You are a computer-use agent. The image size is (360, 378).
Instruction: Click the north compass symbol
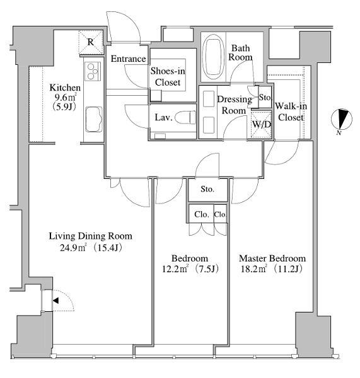[341, 119]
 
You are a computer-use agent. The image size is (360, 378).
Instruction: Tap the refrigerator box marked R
[90, 42]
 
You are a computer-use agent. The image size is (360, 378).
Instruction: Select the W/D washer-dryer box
[261, 125]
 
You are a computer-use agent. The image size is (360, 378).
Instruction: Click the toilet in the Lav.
[185, 117]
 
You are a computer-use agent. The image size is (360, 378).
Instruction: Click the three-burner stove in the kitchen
[93, 71]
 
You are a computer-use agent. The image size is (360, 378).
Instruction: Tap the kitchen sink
[93, 119]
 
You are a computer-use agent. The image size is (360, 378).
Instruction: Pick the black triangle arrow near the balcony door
[55, 301]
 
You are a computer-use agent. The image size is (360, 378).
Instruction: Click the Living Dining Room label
[91, 236]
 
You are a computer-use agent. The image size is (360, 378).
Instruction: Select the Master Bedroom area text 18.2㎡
[254, 268]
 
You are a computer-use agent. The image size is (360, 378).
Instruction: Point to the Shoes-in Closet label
[168, 77]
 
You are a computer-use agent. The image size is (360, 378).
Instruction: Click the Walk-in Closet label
[291, 112]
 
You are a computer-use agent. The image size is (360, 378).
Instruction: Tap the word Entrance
[128, 59]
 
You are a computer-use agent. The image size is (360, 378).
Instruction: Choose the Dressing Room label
[234, 105]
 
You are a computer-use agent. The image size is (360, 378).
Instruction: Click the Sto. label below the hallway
[207, 189]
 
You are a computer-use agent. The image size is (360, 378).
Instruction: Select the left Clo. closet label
[202, 214]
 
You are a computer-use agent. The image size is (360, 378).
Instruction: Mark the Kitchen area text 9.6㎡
[66, 97]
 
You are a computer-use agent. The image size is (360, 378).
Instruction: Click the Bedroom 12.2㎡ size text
[175, 268]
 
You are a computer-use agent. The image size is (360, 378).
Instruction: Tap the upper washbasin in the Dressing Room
[209, 99]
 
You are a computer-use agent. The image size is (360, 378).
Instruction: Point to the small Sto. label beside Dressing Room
[265, 98]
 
